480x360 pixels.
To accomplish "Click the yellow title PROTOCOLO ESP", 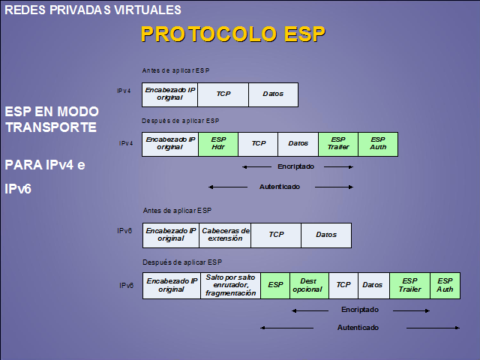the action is coord(233,34).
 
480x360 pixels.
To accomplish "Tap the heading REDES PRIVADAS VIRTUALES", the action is coord(93,10).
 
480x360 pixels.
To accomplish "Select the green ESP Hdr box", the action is coord(218,144).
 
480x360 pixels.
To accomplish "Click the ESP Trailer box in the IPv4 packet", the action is coord(338,144).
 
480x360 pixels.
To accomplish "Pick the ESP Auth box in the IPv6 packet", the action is coord(445,286).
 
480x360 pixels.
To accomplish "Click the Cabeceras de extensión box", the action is coord(225,235).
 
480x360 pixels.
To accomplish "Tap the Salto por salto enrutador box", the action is coord(230,286).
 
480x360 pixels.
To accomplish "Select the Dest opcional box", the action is coord(309,286).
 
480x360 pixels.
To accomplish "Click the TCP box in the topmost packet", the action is coord(223,94).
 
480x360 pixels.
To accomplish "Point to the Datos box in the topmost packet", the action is coord(273,94).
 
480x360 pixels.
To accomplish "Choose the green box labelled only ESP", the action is coord(275,286).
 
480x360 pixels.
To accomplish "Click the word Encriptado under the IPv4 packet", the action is coord(295,166).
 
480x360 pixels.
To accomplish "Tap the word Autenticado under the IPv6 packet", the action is coord(358,328).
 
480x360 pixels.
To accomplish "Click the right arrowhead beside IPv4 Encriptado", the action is coord(351,166).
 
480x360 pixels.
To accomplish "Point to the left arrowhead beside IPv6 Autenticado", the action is coord(262,328).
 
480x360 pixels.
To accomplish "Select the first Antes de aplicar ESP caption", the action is coord(175,70).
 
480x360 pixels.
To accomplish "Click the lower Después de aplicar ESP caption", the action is coord(182,262).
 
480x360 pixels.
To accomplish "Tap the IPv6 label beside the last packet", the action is coord(126,286).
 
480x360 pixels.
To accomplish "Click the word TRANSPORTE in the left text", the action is coord(51,127).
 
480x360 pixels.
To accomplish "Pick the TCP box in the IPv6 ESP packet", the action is coord(343,286).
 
